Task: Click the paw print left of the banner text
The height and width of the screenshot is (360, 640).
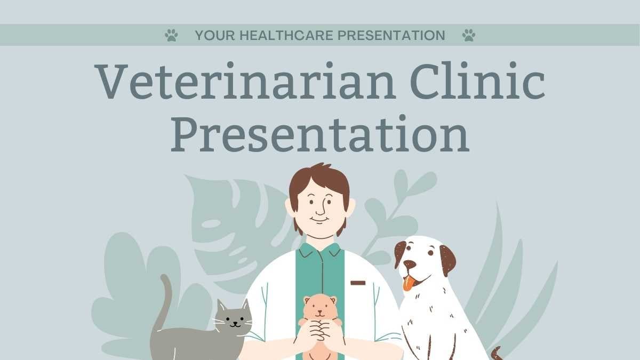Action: point(171,35)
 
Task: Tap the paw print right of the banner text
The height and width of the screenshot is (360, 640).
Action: point(469,35)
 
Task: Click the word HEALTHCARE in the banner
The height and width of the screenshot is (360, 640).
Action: point(286,35)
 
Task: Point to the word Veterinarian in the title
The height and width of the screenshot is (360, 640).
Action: point(245,81)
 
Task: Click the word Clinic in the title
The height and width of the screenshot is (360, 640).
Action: point(478,81)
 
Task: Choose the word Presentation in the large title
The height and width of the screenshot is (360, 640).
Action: point(320,133)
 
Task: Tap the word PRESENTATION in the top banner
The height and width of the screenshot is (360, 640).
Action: point(391,35)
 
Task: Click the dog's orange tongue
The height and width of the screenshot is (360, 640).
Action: point(409,283)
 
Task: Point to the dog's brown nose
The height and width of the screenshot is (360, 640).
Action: point(410,264)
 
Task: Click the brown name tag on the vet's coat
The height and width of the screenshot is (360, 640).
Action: point(358,283)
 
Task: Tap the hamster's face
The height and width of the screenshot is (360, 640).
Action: point(320,308)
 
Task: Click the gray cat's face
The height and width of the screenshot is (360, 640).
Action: point(234,318)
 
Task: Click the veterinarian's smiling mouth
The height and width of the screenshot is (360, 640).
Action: point(319,220)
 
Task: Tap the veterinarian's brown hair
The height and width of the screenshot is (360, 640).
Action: point(319,180)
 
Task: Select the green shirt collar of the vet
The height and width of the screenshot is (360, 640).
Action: point(320,250)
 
